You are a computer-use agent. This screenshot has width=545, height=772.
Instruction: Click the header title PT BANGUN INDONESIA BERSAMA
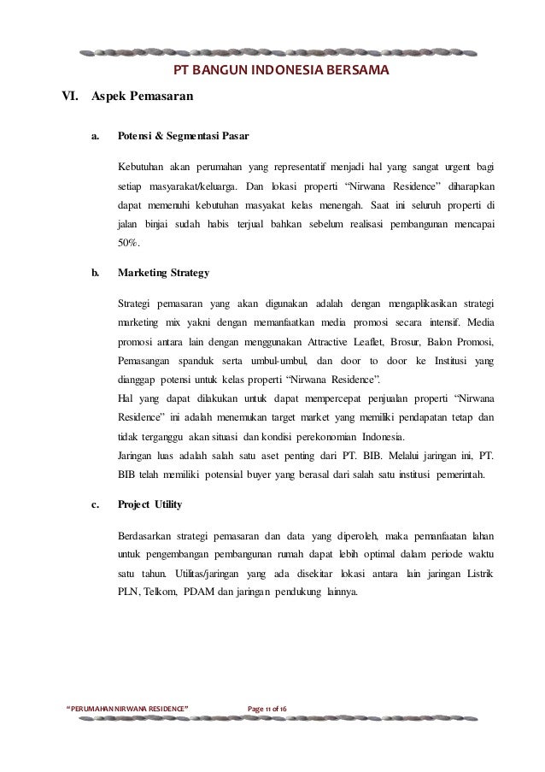[x=281, y=69]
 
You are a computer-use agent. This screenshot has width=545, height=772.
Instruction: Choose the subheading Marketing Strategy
[x=162, y=274]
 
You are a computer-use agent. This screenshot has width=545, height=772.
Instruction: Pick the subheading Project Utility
[x=149, y=504]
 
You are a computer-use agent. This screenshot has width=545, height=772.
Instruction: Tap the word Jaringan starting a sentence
[x=138, y=454]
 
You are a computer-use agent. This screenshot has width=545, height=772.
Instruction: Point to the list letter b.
[x=94, y=274]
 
